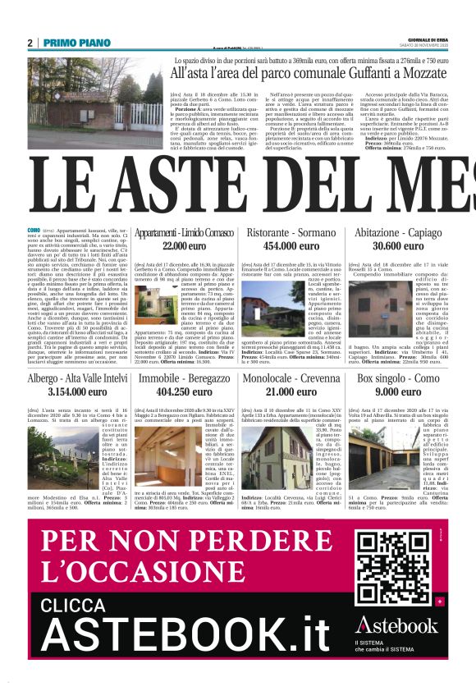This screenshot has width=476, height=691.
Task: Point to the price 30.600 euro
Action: tap(398, 245)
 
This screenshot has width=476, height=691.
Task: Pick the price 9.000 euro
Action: tap(398, 392)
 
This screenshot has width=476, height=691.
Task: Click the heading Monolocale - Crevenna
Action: tap(286, 379)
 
